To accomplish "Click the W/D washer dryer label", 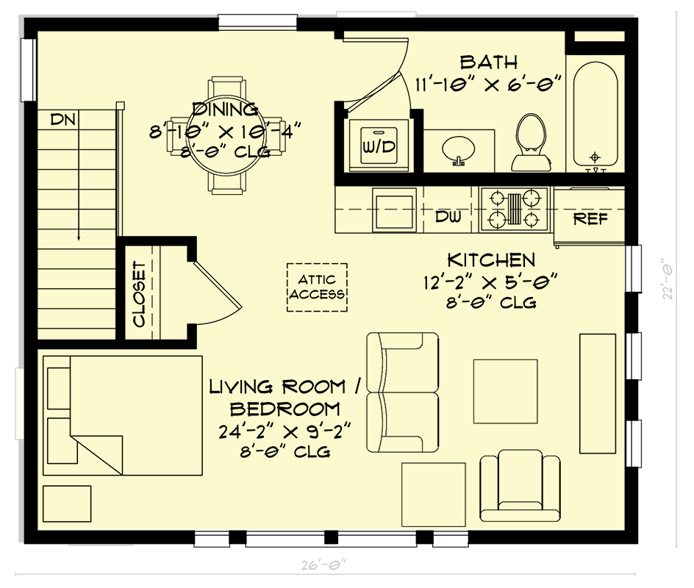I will [x=378, y=146].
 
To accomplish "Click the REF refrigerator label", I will [x=590, y=218].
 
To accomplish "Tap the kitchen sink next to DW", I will [x=394, y=210].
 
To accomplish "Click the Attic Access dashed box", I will [x=317, y=287].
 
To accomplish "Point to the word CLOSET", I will [x=138, y=294].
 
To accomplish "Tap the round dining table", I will [x=226, y=136].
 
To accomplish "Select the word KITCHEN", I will [x=491, y=259].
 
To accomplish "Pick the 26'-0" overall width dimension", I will [x=323, y=565].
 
